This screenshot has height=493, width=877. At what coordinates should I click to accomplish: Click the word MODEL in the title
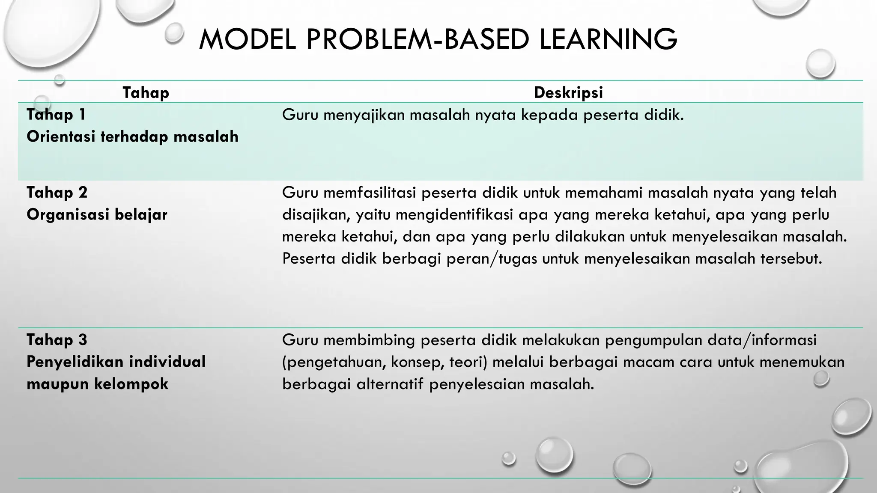point(247,39)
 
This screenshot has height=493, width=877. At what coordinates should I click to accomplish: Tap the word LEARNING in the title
point(608,39)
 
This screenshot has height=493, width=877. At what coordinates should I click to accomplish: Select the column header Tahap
point(146,92)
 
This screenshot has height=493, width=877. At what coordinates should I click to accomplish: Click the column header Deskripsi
point(568,92)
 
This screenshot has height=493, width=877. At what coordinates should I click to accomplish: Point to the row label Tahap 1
point(56,114)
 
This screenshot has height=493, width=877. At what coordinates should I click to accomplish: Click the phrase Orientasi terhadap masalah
point(132,137)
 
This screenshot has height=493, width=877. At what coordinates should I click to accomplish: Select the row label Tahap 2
point(57,193)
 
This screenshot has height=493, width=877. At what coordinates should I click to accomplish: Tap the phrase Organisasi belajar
point(97,214)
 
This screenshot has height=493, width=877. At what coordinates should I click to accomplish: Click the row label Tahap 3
point(57,340)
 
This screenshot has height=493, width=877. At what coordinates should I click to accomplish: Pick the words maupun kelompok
point(97,384)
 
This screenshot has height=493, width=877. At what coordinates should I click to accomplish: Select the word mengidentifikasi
point(454,215)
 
